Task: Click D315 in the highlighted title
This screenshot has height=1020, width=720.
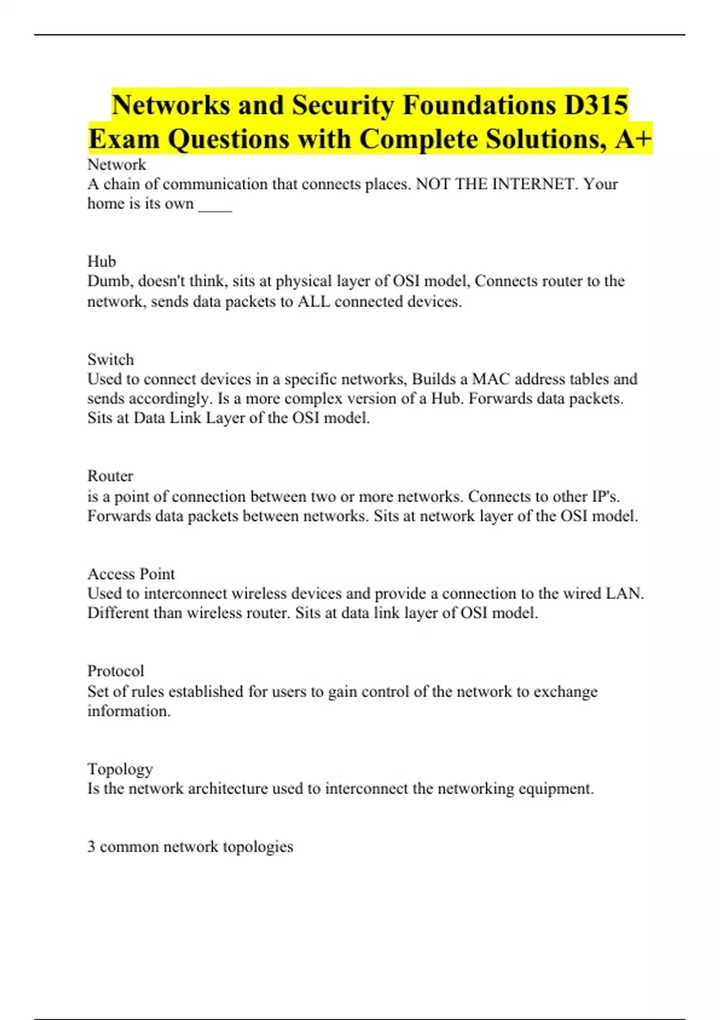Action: [596, 105]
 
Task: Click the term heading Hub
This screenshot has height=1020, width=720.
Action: [101, 262]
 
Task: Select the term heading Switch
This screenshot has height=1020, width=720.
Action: [110, 359]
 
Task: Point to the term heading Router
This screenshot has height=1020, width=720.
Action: [110, 476]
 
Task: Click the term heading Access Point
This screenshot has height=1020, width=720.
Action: [131, 574]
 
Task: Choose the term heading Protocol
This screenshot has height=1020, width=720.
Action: [116, 671]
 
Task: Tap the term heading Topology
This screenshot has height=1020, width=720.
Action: [120, 769]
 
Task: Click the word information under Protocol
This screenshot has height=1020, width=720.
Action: [129, 711]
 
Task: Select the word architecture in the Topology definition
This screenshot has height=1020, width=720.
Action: [227, 788]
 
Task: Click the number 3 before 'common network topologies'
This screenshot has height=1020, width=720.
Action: [91, 847]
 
